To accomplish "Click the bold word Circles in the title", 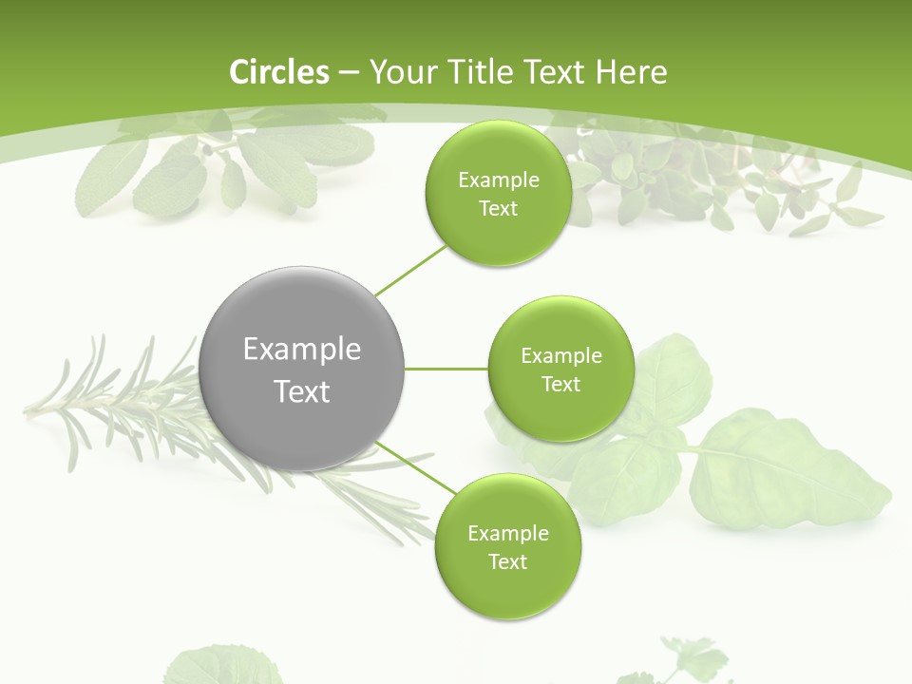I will point(279,72).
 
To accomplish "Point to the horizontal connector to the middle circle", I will point(446,369).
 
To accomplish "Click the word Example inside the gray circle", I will point(302,350).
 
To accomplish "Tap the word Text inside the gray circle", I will point(302,391).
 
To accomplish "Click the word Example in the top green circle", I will point(498,180).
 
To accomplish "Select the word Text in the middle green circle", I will point(561,385).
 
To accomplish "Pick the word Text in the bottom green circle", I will point(507,562).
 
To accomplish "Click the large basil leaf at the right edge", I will point(788,470).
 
